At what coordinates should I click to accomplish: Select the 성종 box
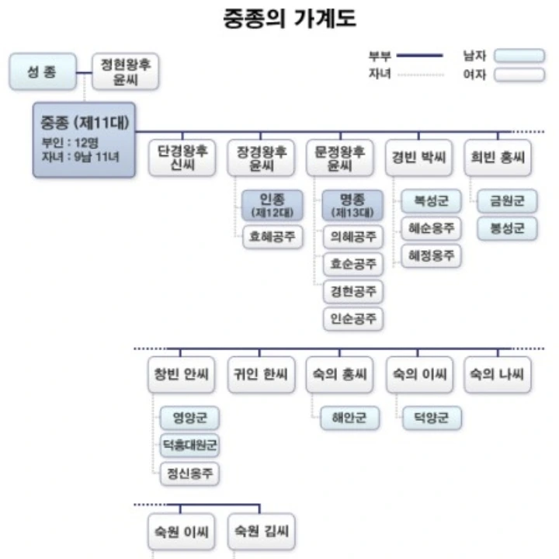pos(43,71)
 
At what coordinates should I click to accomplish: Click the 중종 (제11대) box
pos(84,140)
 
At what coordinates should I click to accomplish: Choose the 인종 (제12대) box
pos(269,204)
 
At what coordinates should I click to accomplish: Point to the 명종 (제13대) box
pos(352,204)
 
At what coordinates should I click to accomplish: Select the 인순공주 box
pos(352,318)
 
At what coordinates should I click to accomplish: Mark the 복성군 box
pos(431,200)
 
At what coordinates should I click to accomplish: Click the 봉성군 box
pos(507,228)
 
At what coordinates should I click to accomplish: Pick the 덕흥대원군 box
pos(189,445)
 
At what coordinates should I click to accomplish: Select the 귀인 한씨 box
pos(261,376)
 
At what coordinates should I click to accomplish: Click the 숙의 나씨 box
pos(498,376)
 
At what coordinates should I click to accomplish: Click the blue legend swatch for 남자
pos(519,56)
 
